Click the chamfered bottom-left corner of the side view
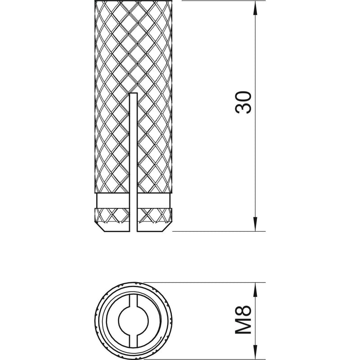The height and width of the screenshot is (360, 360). [98, 228]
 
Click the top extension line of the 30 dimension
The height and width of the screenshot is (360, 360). [216, 1]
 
